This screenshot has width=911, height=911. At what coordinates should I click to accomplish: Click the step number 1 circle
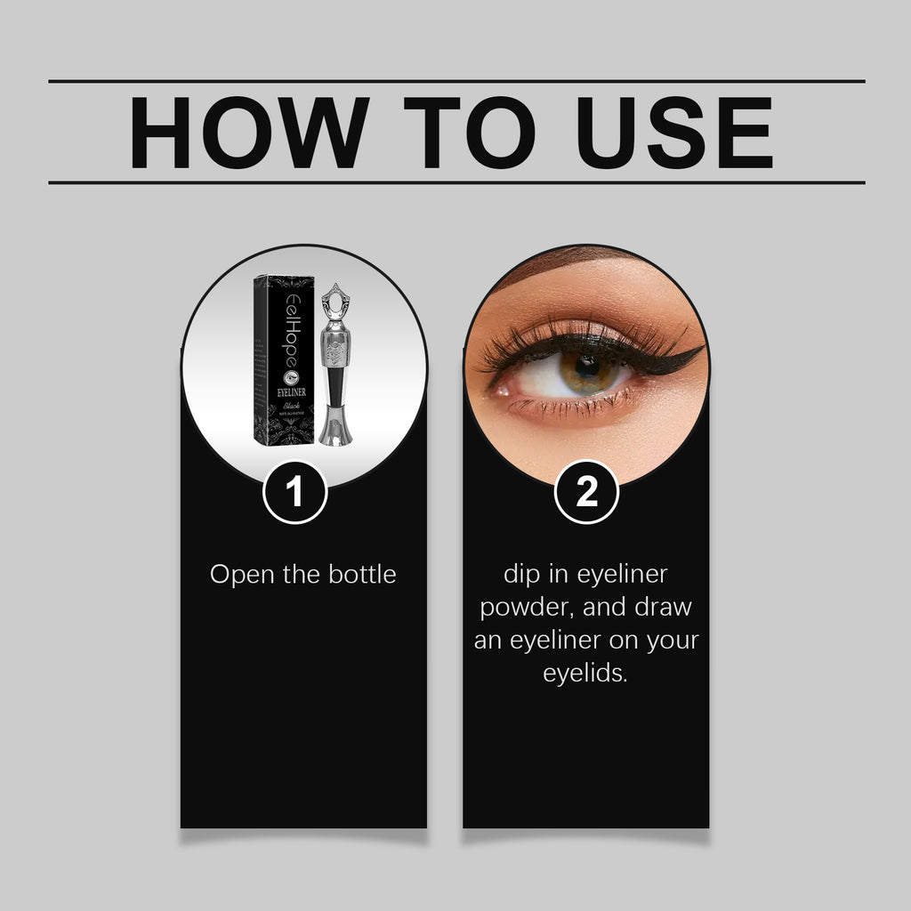[295, 493]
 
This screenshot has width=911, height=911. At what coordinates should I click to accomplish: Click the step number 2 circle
[586, 493]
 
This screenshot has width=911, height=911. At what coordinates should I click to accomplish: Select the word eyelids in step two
[585, 673]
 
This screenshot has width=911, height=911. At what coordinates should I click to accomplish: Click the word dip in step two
[520, 574]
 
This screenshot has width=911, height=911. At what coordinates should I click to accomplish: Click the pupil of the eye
[586, 367]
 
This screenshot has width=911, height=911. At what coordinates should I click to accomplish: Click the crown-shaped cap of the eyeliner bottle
[333, 302]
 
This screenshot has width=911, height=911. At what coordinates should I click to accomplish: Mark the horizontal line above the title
[455, 81]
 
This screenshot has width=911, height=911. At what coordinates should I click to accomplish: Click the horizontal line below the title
[455, 182]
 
